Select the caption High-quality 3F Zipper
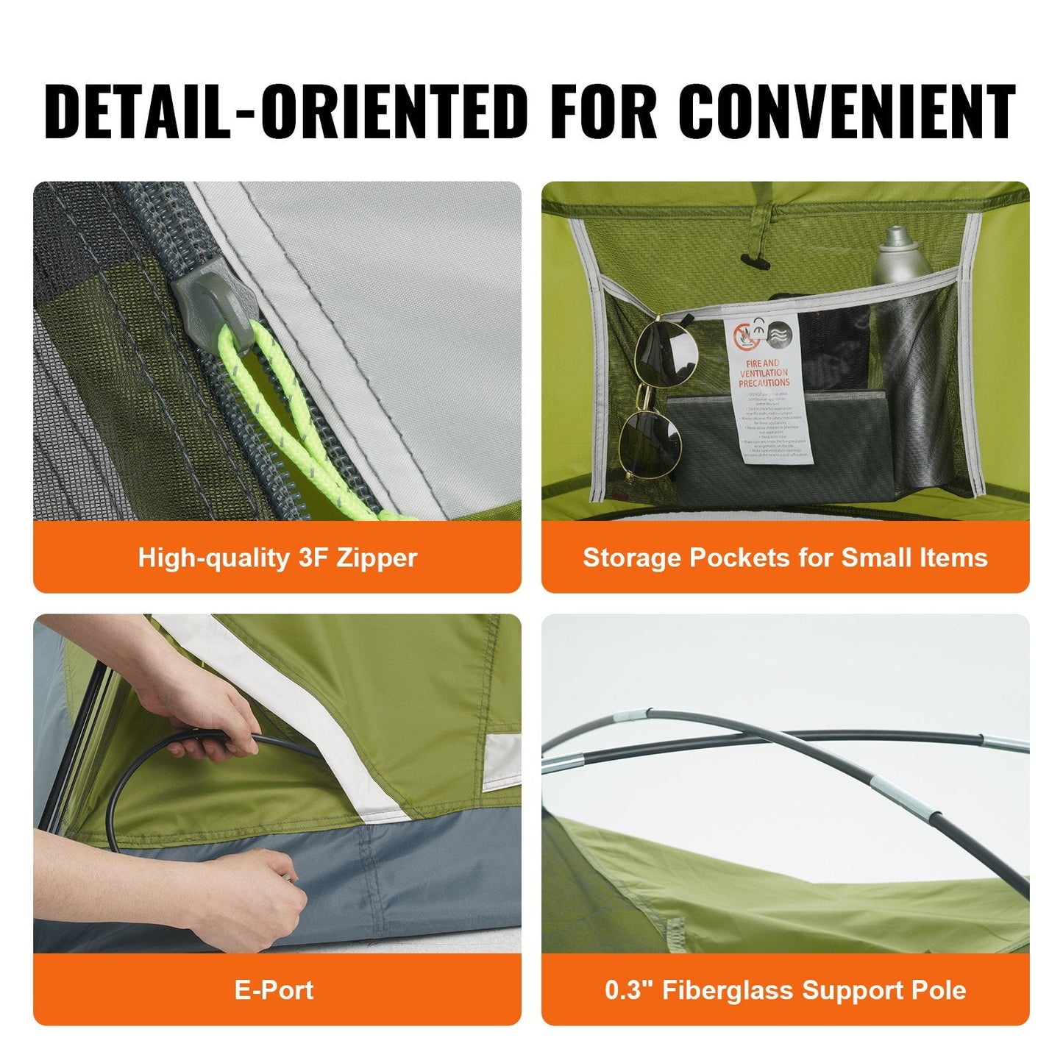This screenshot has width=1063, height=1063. [x=277, y=558]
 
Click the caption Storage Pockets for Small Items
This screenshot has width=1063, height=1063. [x=785, y=558]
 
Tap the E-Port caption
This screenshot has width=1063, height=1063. [x=274, y=990]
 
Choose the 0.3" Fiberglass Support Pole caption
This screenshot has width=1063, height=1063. [x=785, y=990]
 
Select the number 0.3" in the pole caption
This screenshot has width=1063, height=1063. [x=628, y=990]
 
